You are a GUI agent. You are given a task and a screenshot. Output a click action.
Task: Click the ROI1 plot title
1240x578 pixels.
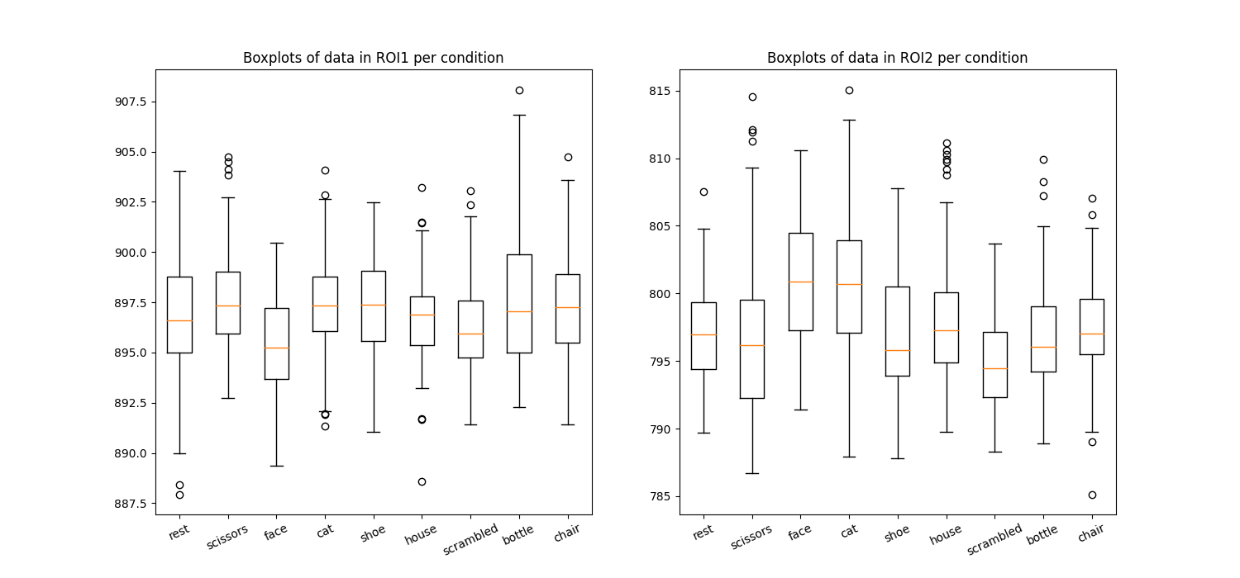click(x=373, y=58)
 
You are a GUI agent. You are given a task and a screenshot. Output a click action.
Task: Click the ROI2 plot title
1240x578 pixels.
click(x=897, y=58)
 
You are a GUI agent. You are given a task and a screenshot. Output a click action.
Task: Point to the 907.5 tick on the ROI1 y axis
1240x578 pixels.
click(x=130, y=102)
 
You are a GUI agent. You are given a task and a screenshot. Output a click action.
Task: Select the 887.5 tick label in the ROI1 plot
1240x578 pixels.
click(x=130, y=504)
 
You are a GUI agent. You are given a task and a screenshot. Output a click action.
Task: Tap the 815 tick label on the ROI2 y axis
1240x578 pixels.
click(x=661, y=91)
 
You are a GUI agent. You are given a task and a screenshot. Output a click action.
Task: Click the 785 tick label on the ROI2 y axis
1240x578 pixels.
click(x=661, y=497)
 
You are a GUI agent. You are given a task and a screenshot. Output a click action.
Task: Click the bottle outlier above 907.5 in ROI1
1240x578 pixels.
click(x=519, y=90)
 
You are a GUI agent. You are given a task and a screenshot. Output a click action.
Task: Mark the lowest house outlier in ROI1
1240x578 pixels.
click(x=422, y=481)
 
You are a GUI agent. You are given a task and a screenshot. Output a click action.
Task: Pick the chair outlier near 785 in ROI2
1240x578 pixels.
click(x=1092, y=495)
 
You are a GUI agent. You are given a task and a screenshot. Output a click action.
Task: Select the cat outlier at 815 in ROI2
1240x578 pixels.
click(x=849, y=90)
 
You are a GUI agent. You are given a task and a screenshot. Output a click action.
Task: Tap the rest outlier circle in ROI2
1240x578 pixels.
click(x=703, y=192)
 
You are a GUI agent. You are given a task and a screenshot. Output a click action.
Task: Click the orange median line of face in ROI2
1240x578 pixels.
click(x=800, y=282)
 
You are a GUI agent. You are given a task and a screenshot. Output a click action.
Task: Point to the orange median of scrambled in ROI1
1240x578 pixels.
click(x=470, y=334)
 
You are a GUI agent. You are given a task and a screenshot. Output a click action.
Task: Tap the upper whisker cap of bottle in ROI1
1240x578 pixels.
click(x=519, y=115)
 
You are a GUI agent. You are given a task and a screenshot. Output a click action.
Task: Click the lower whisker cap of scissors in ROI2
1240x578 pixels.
click(x=752, y=473)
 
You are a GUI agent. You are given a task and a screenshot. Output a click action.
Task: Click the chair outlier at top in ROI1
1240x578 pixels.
click(x=568, y=157)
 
